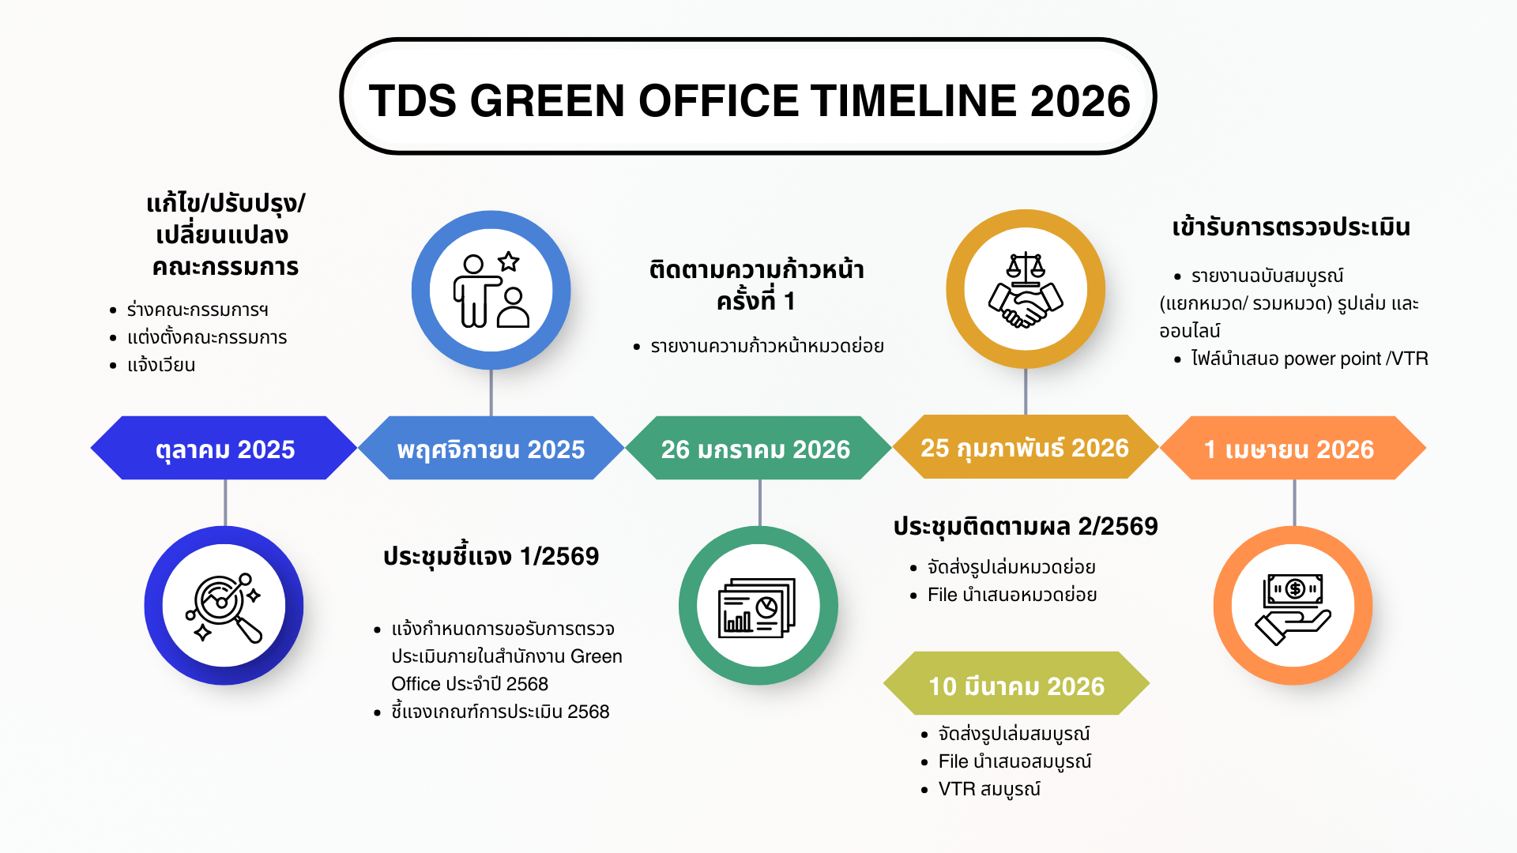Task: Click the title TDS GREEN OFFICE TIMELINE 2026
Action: pos(749,100)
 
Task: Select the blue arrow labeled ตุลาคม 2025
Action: pos(224,448)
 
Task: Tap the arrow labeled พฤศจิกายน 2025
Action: pos(491,448)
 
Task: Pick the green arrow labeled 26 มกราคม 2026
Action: pos(758,448)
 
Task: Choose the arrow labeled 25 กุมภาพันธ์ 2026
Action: pos(1025,447)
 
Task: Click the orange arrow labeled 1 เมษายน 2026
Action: pos(1293,448)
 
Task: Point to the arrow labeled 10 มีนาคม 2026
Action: pos(1016,683)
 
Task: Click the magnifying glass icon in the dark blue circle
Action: pos(224,607)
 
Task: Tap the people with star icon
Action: pos(491,290)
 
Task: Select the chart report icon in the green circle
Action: pos(757,607)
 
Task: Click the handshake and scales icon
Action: pos(1026,290)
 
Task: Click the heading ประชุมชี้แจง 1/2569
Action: pos(491,557)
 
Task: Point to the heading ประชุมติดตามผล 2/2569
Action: pos(1026,527)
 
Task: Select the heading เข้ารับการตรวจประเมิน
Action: pos(1291,227)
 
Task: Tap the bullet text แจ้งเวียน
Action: pos(161,365)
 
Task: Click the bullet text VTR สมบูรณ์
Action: pos(989,789)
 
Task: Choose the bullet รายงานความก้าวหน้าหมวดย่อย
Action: pos(766,346)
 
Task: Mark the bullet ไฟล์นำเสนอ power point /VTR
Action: pos(1309,359)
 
